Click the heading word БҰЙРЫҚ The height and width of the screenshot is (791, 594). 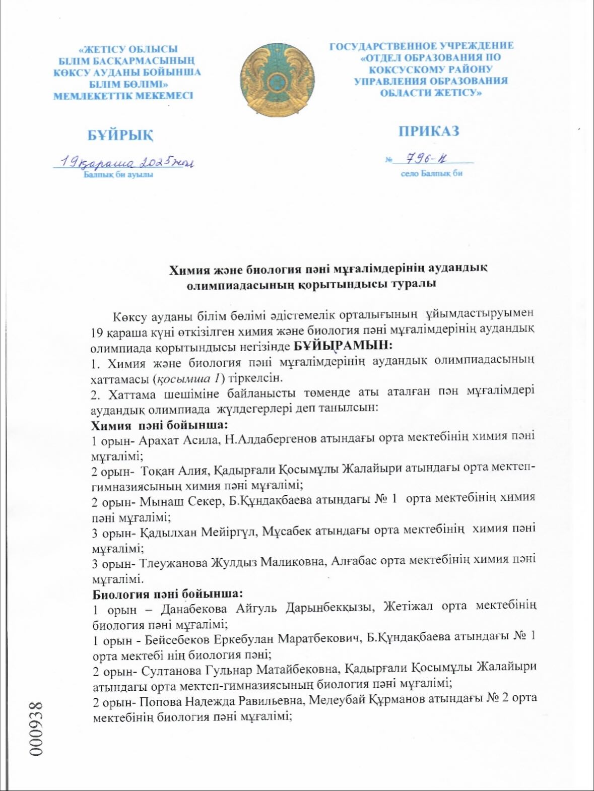(120, 135)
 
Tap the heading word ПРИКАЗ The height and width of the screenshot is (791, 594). (429, 131)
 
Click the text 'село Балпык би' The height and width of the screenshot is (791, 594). (431, 173)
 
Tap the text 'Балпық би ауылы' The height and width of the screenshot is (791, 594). (118, 174)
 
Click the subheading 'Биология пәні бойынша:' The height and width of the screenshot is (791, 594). (168, 594)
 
